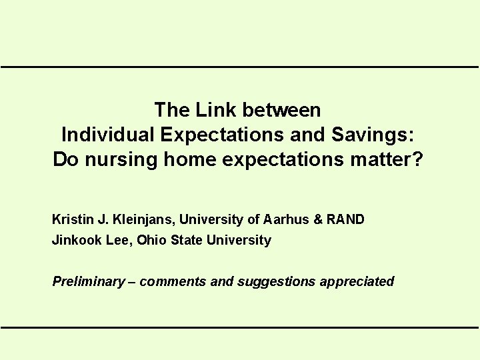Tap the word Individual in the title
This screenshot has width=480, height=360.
point(108,135)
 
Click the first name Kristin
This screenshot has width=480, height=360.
point(71,219)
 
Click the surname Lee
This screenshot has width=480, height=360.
point(119,240)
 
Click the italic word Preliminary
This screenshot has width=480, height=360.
point(88,281)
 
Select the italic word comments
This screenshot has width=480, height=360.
point(173,281)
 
